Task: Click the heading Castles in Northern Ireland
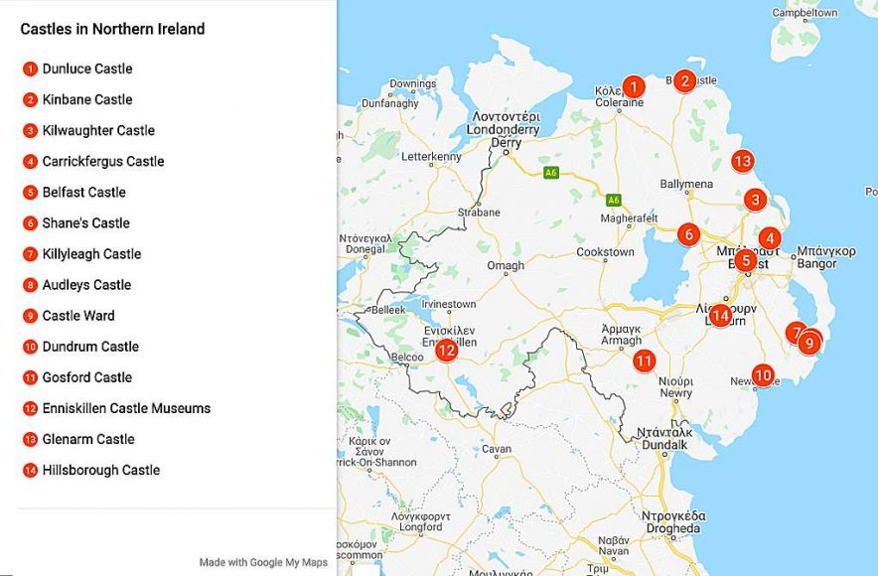pyautogui.click(x=112, y=29)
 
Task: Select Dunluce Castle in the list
pyautogui.click(x=87, y=69)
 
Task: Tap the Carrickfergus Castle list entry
pyautogui.click(x=103, y=161)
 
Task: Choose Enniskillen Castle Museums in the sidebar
pyautogui.click(x=126, y=408)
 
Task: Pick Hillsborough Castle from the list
pyautogui.click(x=101, y=470)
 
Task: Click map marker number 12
pyautogui.click(x=446, y=350)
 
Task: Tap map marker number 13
pyautogui.click(x=742, y=161)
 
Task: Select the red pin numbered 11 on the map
pyautogui.click(x=645, y=360)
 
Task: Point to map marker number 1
pyautogui.click(x=633, y=86)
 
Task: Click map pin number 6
pyautogui.click(x=688, y=235)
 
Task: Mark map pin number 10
pyautogui.click(x=763, y=375)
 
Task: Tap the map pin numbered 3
pyautogui.click(x=756, y=200)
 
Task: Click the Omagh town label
pyautogui.click(x=505, y=266)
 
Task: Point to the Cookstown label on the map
pyautogui.click(x=605, y=252)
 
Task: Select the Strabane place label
pyautogui.click(x=479, y=213)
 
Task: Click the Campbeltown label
pyautogui.click(x=805, y=13)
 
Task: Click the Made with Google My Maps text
pyautogui.click(x=263, y=562)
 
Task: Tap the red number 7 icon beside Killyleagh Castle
pyautogui.click(x=31, y=254)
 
